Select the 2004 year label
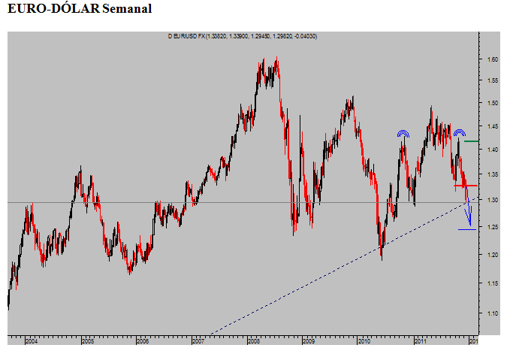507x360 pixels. point(31,341)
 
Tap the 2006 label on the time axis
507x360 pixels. point(142,341)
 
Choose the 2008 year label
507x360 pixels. point(253,341)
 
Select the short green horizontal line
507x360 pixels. point(472,141)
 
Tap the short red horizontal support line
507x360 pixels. point(466,185)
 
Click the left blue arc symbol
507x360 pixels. point(403,134)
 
